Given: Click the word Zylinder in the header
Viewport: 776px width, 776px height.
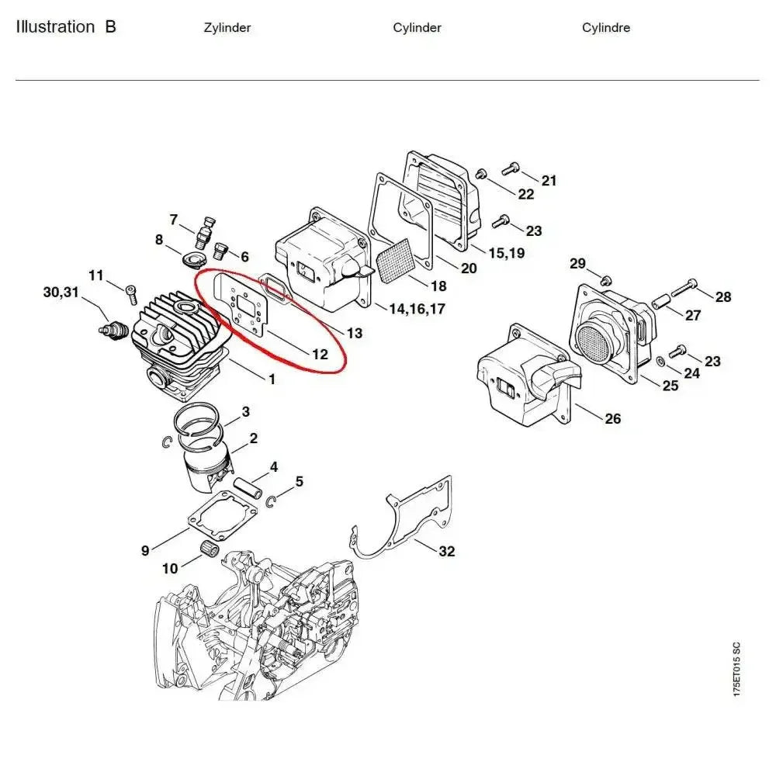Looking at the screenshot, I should click(227, 28).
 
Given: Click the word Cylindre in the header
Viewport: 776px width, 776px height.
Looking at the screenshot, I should click(606, 28).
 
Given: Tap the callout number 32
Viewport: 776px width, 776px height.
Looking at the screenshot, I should click(447, 552).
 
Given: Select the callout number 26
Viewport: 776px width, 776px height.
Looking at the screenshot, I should click(613, 419).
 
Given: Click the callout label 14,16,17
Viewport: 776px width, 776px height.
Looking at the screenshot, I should click(417, 309).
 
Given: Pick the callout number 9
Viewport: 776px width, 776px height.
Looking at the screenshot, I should click(145, 552).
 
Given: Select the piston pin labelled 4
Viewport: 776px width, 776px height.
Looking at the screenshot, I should click(253, 489).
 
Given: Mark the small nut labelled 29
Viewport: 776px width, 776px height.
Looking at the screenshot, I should click(607, 279).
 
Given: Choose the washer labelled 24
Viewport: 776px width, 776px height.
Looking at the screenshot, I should click(659, 361).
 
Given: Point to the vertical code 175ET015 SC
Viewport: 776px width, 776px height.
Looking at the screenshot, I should click(736, 669).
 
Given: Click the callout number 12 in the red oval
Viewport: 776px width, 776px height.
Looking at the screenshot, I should click(320, 355).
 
